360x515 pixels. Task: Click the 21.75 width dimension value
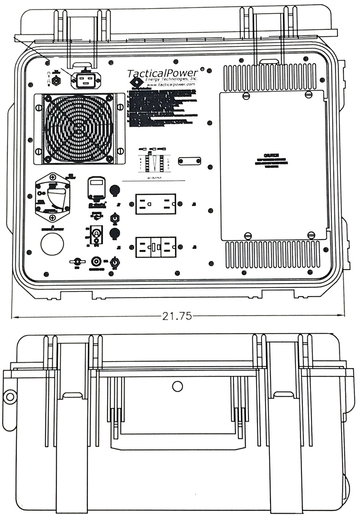[x=177, y=316]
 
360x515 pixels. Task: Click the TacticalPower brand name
[x=163, y=73]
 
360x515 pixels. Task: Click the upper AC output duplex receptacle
[x=155, y=204]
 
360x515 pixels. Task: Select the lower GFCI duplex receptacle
[x=155, y=247]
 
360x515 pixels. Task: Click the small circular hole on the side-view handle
[x=178, y=386]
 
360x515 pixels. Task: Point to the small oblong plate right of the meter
[x=189, y=162]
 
